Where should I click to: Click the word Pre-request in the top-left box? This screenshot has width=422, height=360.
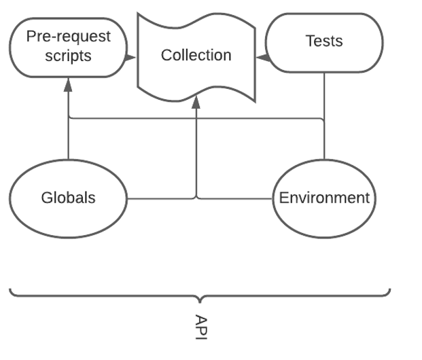coord(68,36)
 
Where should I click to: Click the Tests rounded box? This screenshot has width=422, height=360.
coord(324,42)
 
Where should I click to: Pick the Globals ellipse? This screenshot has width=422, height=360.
coord(68,198)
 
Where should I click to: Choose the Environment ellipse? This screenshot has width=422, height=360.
coord(324,198)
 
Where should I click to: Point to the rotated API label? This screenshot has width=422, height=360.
coord(200,327)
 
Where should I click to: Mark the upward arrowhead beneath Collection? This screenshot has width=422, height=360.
coord(196,102)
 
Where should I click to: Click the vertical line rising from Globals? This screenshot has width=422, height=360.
coord(68,143)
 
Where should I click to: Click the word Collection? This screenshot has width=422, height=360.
coord(196,55)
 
